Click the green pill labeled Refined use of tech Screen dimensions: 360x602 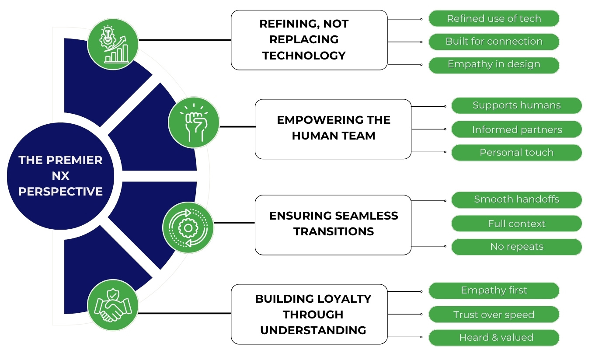(x=494, y=19)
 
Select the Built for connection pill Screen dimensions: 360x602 (x=494, y=42)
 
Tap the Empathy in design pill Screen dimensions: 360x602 (x=494, y=64)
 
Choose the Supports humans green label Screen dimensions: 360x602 (x=516, y=105)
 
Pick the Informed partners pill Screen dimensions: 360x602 (x=516, y=129)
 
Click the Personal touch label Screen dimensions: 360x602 (x=516, y=153)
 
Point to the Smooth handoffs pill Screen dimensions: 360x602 (x=516, y=199)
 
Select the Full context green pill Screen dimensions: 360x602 (x=516, y=224)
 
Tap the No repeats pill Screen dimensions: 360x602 (x=516, y=247)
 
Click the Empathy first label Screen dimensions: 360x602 (x=494, y=290)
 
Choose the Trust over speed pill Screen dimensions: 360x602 (x=494, y=315)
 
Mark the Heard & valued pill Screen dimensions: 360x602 (x=494, y=338)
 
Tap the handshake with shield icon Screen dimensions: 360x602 (x=113, y=305)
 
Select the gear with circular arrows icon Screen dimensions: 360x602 (x=188, y=227)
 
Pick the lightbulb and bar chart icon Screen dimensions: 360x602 (x=113, y=44)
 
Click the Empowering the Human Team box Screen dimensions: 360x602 (x=333, y=129)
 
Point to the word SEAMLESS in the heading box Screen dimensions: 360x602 (x=366, y=216)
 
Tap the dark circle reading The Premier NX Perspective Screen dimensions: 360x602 (x=60, y=176)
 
